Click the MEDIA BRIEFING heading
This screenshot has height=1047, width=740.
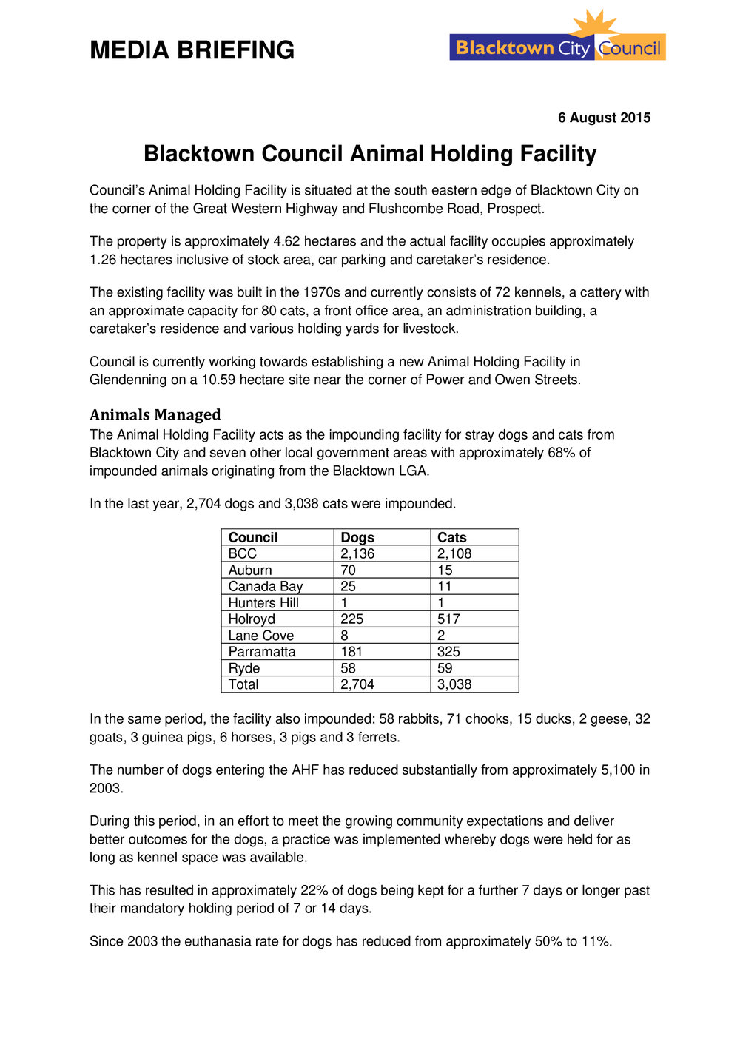[x=192, y=50]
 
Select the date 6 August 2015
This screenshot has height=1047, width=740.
[x=604, y=118]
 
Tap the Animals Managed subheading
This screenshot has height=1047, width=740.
[x=155, y=414]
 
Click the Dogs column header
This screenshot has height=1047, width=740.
[x=357, y=537]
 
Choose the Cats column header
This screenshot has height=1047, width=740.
[x=452, y=537]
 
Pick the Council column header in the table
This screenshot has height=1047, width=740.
[x=253, y=537]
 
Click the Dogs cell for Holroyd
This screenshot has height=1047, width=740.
[x=352, y=619]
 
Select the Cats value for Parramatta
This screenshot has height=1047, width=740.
[x=448, y=652]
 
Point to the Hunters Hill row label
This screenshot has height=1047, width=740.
[x=263, y=603]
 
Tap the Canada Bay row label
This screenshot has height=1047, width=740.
[x=266, y=587]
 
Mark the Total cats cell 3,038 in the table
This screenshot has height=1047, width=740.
[x=454, y=684]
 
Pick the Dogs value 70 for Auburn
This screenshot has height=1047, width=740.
[x=348, y=570]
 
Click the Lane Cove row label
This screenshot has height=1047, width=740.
[x=260, y=636]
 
